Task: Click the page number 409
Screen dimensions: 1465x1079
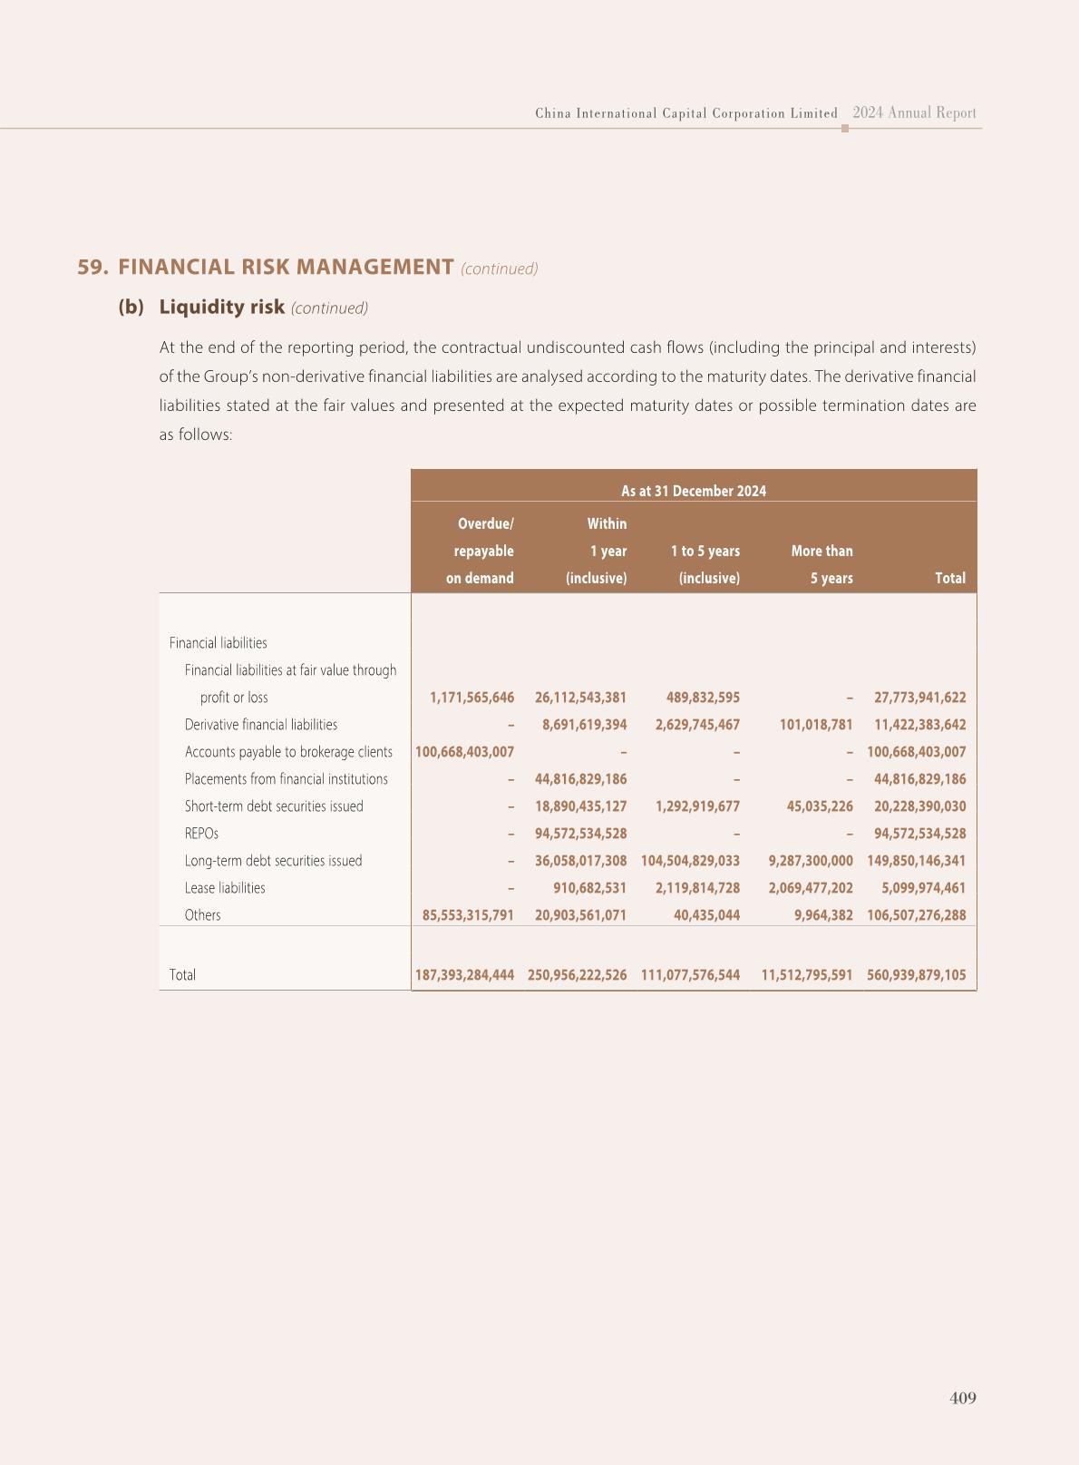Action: tap(962, 1398)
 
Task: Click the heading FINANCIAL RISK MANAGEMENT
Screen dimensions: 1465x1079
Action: tap(286, 267)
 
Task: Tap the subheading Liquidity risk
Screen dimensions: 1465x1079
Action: tap(221, 307)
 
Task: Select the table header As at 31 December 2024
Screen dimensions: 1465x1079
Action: tap(693, 491)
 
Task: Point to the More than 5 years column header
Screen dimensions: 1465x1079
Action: tap(821, 564)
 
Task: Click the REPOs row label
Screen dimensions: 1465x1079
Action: tap(201, 834)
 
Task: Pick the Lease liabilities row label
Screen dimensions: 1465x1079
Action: tap(225, 888)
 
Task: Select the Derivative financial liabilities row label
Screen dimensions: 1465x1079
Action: tap(260, 725)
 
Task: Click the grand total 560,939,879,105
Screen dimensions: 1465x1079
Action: tap(916, 975)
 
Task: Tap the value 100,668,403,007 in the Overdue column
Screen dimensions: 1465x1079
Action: tap(464, 752)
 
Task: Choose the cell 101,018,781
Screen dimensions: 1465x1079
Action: tap(816, 725)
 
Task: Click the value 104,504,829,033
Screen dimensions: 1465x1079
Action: tap(690, 861)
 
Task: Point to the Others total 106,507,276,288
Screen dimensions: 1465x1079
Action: tap(916, 915)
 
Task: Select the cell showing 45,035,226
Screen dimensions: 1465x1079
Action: tap(821, 806)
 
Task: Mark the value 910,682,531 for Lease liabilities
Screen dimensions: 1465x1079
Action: tap(589, 888)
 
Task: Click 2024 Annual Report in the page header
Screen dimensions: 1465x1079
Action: tap(914, 113)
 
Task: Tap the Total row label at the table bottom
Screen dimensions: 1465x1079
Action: tap(182, 975)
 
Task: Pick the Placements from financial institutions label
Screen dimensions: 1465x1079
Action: tap(286, 779)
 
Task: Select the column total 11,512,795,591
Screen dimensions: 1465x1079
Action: tap(806, 975)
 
